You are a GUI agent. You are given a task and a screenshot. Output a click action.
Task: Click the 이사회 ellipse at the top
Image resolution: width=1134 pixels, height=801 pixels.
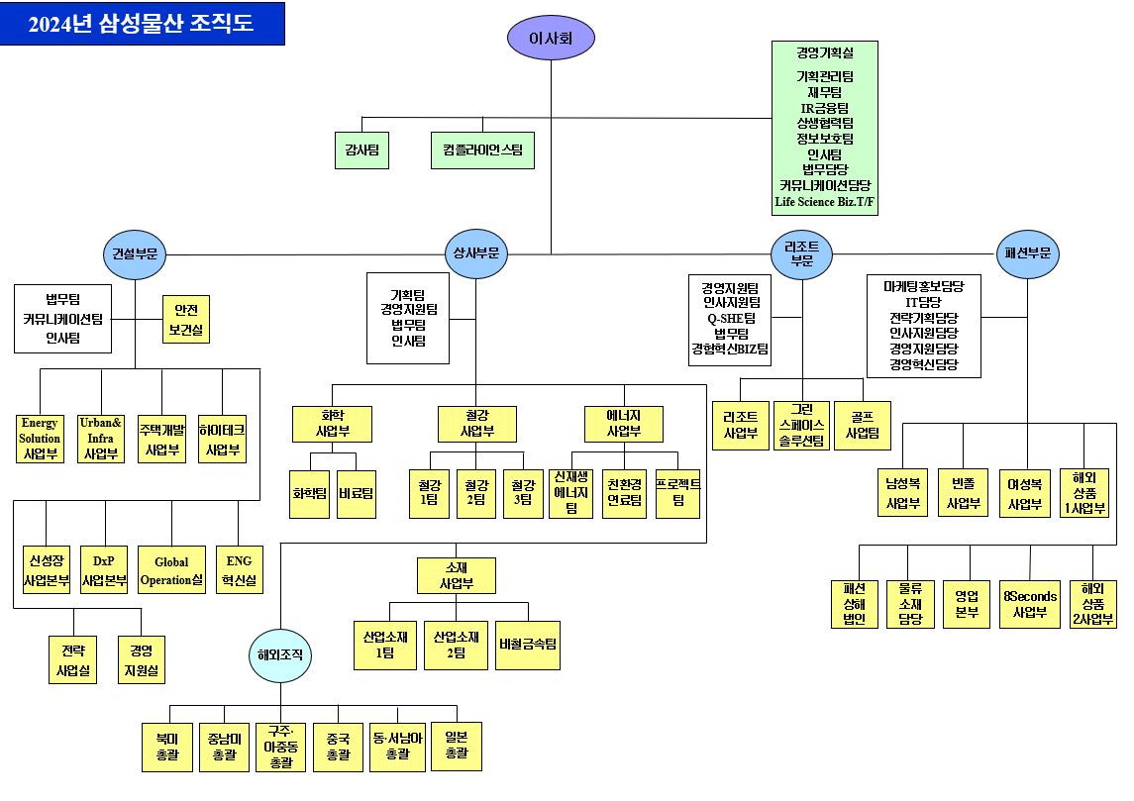551,38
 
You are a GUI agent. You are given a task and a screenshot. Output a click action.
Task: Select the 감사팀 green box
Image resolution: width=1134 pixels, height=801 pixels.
361,150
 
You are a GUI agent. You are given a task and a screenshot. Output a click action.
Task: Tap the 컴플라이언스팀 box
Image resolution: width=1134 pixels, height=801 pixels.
482,150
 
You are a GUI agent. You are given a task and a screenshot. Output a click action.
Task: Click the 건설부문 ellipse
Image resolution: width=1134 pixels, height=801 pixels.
134,253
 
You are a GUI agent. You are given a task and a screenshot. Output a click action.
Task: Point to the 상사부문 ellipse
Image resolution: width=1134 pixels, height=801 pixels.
476,253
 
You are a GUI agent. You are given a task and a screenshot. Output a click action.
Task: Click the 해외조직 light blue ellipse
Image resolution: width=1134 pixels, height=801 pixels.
280,654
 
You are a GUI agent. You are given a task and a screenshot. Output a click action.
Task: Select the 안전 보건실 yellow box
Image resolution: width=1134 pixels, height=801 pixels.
186,319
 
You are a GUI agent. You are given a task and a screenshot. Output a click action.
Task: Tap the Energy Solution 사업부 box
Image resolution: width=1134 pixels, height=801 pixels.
40,439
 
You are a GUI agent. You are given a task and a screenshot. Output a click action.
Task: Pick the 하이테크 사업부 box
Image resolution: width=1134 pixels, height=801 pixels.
222,439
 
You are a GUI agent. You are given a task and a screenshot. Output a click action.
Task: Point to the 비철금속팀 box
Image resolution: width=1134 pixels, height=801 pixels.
529,645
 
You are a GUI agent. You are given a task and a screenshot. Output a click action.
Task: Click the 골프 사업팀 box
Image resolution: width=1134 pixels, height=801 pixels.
862,425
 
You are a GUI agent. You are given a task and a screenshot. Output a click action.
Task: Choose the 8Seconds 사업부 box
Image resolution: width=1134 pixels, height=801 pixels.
1030,603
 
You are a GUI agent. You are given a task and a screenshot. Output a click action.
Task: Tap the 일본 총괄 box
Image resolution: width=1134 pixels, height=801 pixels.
457,746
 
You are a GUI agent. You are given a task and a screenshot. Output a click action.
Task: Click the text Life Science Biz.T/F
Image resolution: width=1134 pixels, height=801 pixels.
825,202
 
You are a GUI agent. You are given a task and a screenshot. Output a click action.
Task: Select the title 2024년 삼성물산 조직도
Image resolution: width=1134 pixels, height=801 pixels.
142,24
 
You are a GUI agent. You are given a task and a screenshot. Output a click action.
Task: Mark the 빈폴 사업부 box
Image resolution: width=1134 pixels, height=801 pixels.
963,493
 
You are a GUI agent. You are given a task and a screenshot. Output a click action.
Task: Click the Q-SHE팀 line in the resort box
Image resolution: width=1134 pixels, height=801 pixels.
732,318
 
